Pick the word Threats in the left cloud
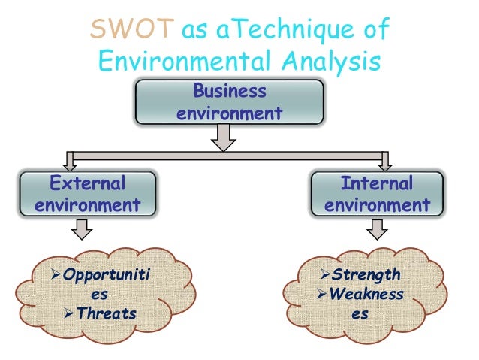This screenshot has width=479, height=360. tap(109, 313)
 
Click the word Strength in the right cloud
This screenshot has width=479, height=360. tap(366, 275)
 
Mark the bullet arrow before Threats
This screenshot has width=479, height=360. tap(72, 313)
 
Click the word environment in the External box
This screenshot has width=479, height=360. tap(88, 205)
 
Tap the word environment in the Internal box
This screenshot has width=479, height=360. tap(378, 205)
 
